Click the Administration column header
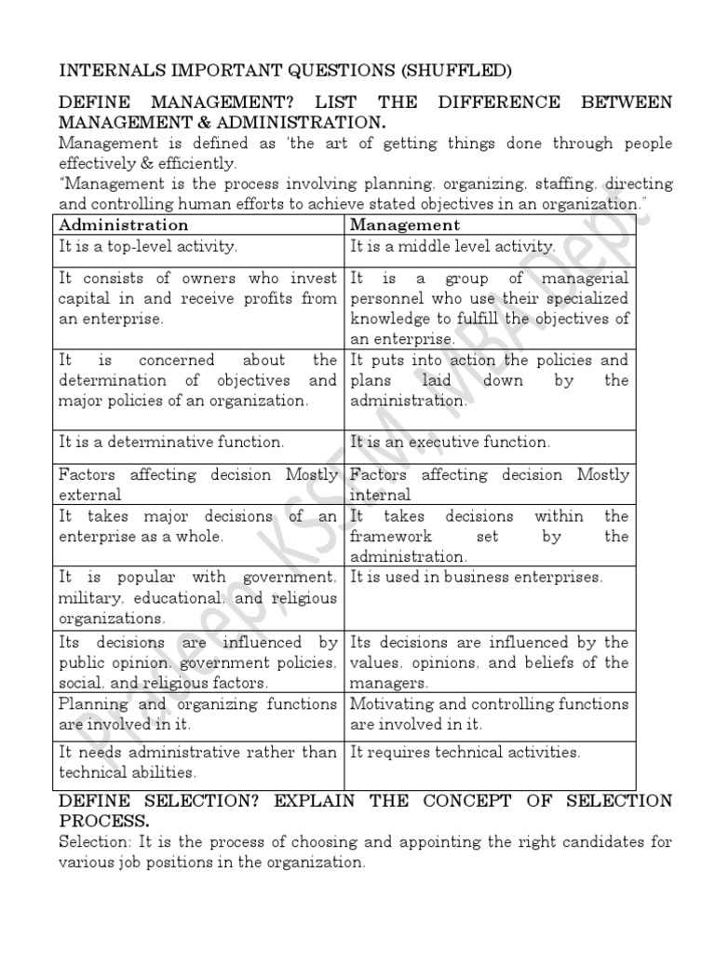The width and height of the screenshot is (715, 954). coord(123,225)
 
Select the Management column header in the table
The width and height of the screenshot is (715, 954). coord(405,225)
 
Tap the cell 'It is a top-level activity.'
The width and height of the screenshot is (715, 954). coord(149,247)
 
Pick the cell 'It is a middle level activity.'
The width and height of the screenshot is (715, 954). coord(452,247)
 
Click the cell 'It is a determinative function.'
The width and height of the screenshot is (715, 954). coord(171,442)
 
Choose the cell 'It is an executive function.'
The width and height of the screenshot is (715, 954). coord(450,442)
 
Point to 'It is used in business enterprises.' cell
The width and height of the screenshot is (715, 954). coord(477,577)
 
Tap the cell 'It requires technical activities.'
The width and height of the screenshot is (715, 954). coord(465,752)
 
